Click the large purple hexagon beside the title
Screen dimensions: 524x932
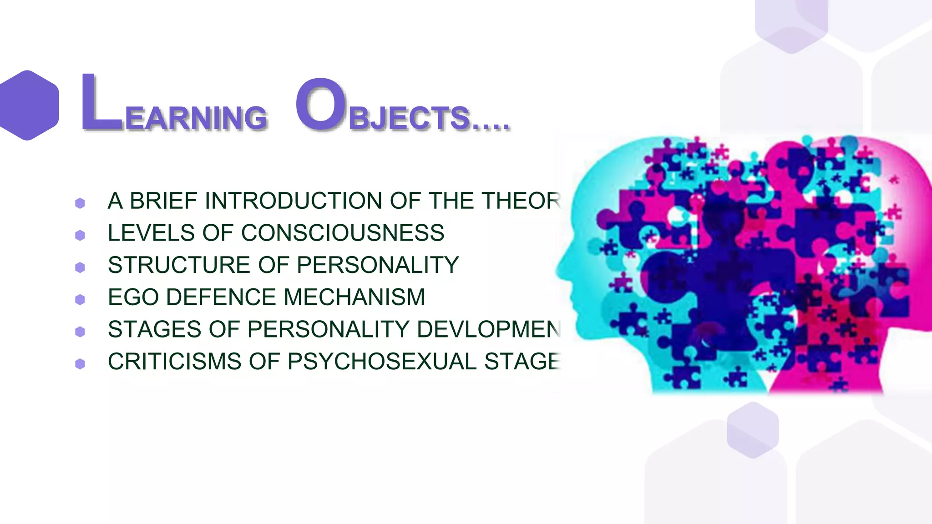click(28, 105)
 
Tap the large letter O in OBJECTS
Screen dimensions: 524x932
click(321, 104)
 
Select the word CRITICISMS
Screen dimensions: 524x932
click(174, 362)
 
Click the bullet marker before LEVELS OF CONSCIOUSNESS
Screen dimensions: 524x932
click(80, 235)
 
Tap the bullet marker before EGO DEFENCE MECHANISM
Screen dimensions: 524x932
click(80, 299)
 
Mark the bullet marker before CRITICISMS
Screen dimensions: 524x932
click(80, 364)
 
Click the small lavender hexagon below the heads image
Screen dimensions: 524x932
click(752, 430)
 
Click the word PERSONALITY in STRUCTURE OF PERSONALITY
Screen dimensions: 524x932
click(378, 265)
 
